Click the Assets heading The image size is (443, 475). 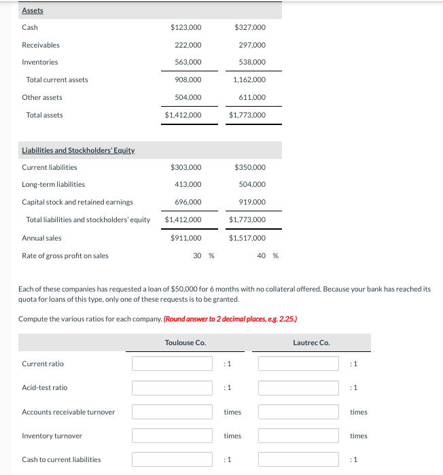33,10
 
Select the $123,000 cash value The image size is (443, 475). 185,27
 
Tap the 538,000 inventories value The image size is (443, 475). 251,62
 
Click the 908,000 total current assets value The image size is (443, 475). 188,80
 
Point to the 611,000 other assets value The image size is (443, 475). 251,97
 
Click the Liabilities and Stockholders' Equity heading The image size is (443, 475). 78,150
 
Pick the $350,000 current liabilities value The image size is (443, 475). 249,167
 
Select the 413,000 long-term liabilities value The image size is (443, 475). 188,184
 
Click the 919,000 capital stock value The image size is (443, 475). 251,202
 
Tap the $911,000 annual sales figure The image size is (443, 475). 185,238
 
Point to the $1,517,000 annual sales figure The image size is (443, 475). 247,238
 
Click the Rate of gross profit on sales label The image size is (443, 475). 65,256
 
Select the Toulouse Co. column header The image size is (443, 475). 185,342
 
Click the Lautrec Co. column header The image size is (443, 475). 311,342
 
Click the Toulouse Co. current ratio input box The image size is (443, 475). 173,364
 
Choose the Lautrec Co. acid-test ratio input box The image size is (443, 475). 298,387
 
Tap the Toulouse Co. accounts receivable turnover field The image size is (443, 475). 173,412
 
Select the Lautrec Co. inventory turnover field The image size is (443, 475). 298,436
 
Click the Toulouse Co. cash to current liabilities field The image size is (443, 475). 173,459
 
